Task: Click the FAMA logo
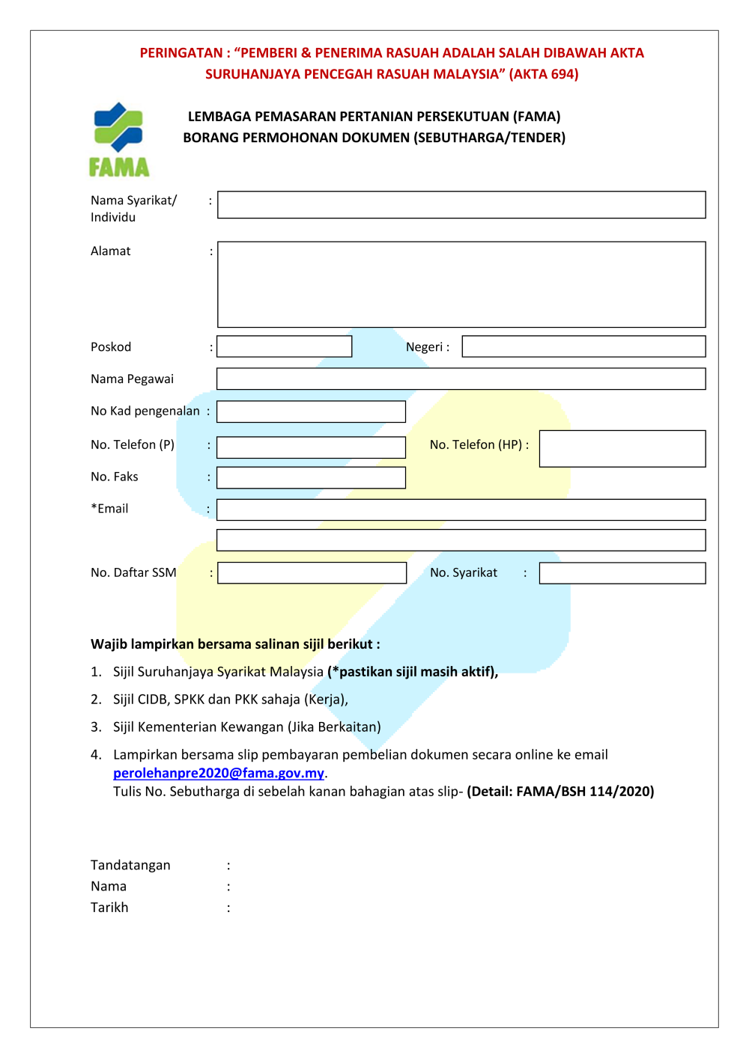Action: pos(119,140)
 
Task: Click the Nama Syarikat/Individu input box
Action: pos(461,205)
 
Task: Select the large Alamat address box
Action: pos(461,284)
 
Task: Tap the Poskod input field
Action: pos(285,346)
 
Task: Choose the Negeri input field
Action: pos(583,346)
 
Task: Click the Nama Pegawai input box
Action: pos(461,379)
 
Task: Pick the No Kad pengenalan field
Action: pos(312,412)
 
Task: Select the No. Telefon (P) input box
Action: pos(312,447)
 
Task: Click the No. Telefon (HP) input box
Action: pos(622,448)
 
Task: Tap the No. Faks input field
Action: pos(312,477)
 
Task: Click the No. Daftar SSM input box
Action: pos(312,573)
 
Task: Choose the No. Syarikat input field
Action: pos(622,573)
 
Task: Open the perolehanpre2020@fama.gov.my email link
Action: pos(219,773)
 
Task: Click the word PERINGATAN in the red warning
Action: pos(181,53)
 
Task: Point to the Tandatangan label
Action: pos(130,865)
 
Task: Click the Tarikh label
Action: pos(109,908)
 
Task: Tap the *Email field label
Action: pos(109,509)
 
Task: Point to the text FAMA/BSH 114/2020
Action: pos(583,792)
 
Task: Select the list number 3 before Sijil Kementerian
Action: pos(95,727)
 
